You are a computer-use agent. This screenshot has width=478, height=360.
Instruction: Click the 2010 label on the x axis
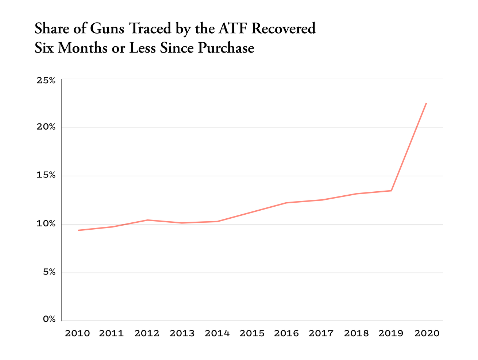pyautogui.click(x=77, y=333)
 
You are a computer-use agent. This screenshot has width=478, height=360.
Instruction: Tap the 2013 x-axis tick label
pyautogui.click(x=182, y=333)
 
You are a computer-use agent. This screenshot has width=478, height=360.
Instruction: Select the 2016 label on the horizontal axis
pyautogui.click(x=286, y=333)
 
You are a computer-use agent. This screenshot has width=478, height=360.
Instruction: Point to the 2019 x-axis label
pyautogui.click(x=391, y=333)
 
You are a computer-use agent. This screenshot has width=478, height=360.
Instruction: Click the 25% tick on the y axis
pyautogui.click(x=46, y=80)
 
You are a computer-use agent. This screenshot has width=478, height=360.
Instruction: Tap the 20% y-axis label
pyautogui.click(x=46, y=127)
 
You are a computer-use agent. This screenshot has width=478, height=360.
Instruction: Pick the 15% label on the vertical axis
pyautogui.click(x=46, y=176)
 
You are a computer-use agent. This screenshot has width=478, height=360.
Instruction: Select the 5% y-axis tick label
pyautogui.click(x=48, y=272)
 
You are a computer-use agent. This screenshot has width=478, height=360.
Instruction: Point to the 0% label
pyautogui.click(x=49, y=319)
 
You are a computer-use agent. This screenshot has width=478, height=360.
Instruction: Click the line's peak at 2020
pyautogui.click(x=426, y=103)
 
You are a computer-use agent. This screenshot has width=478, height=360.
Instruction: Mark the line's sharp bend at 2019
pyautogui.click(x=391, y=191)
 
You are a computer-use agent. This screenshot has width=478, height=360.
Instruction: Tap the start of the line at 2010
pyautogui.click(x=78, y=230)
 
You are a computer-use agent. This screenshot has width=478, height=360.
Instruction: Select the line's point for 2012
pyautogui.click(x=147, y=220)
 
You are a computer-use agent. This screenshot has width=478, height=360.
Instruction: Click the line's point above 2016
pyautogui.click(x=286, y=203)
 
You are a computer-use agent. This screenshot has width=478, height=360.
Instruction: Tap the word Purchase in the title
pyautogui.click(x=226, y=48)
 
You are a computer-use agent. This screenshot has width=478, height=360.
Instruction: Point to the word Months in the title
pyautogui.click(x=82, y=48)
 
